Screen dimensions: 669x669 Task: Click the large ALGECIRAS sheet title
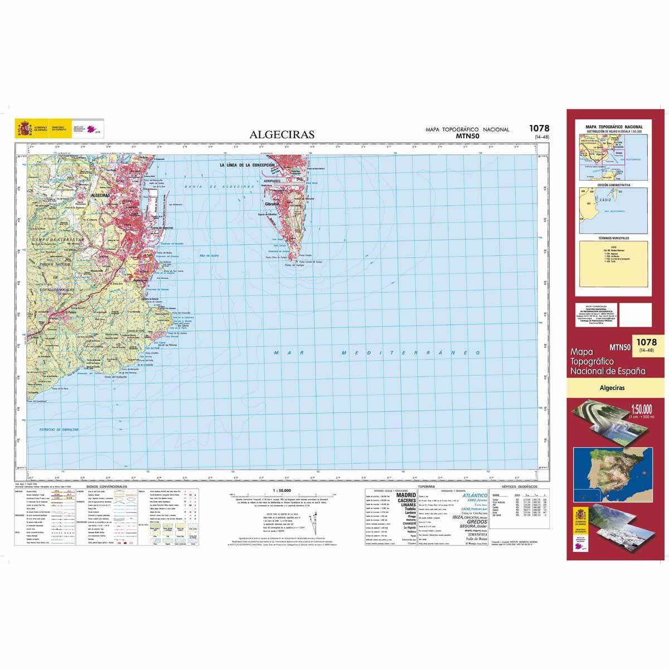tap(282, 134)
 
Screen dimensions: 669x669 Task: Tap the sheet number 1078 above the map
tap(537, 128)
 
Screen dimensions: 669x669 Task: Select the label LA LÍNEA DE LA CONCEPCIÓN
tap(248, 165)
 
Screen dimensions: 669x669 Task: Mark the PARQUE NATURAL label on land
tap(55, 264)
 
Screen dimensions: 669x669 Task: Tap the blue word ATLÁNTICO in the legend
tap(474, 495)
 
